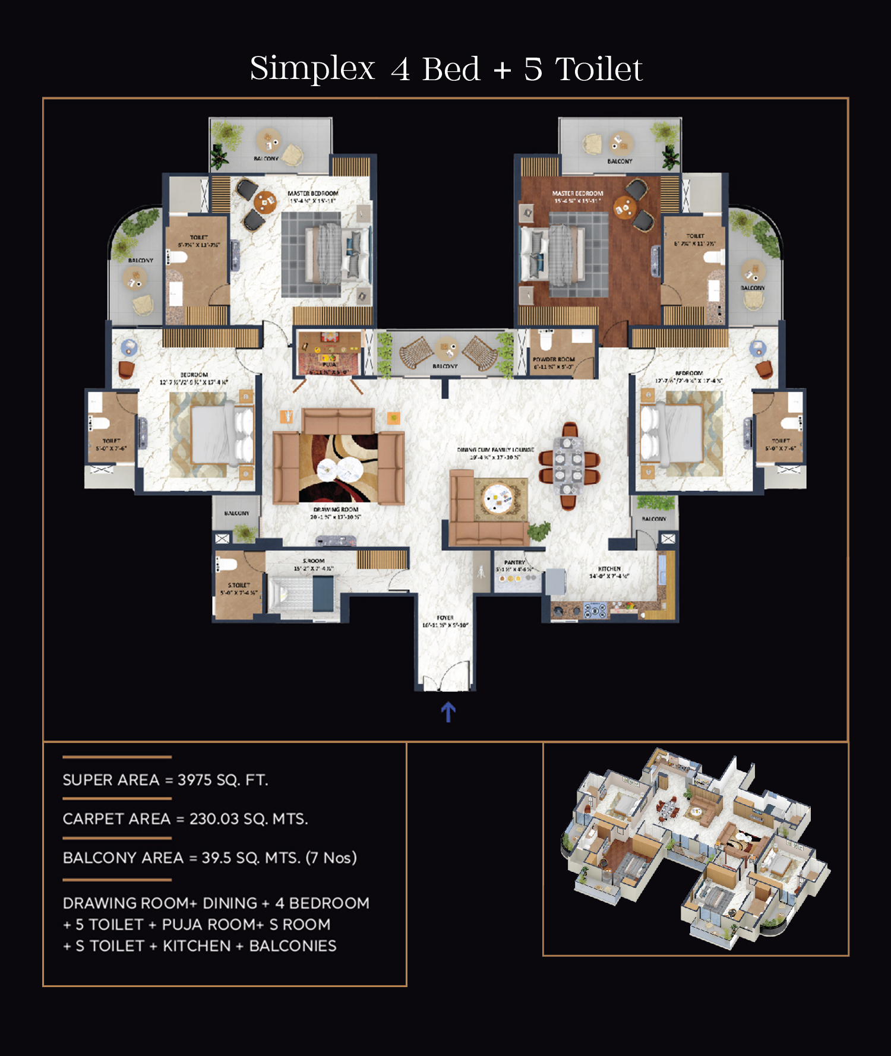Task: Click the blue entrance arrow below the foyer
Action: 448,712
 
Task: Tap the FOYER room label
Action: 445,618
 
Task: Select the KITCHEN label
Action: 609,569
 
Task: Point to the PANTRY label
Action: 514,562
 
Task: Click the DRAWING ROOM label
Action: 336,510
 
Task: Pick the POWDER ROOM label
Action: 554,359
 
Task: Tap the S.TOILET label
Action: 239,585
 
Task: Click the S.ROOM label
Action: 314,561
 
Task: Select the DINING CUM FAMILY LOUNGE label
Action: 495,450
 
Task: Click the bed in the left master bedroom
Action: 324,254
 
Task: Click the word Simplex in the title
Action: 312,69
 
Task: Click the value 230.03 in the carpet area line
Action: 214,819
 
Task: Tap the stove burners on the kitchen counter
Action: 595,610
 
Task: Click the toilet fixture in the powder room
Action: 545,340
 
